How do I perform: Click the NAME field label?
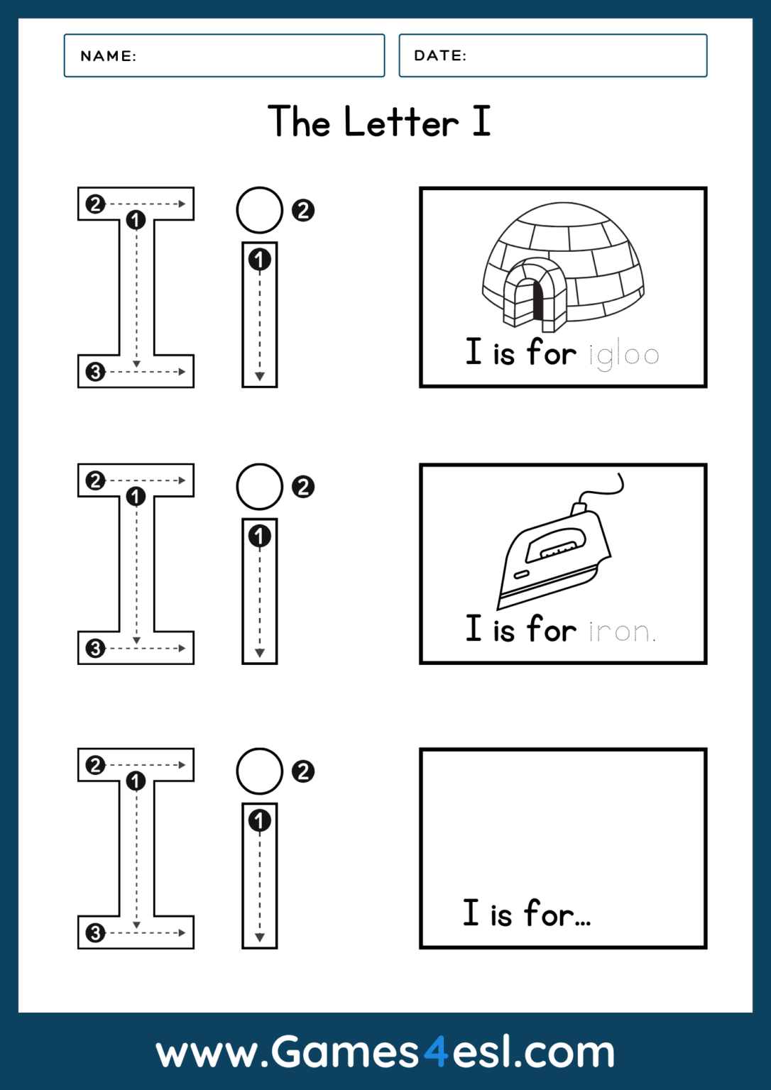tap(108, 56)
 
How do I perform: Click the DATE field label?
tap(440, 55)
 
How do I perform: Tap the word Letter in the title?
tap(401, 122)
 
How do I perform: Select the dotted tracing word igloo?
tap(624, 354)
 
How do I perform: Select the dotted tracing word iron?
tap(621, 631)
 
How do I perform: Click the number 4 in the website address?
tap(436, 1051)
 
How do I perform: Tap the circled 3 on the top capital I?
tap(95, 372)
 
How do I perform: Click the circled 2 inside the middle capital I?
tap(95, 480)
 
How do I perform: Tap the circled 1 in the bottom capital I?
tap(136, 781)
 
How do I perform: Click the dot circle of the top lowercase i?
tap(259, 210)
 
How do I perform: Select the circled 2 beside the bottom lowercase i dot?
tap(303, 771)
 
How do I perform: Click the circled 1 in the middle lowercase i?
tap(259, 536)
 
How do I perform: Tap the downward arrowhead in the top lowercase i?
tap(260, 376)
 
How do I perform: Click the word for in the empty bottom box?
tap(549, 914)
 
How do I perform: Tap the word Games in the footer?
tap(345, 1051)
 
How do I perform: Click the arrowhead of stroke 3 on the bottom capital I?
tap(182, 932)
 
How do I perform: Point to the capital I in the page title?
tap(481, 121)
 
